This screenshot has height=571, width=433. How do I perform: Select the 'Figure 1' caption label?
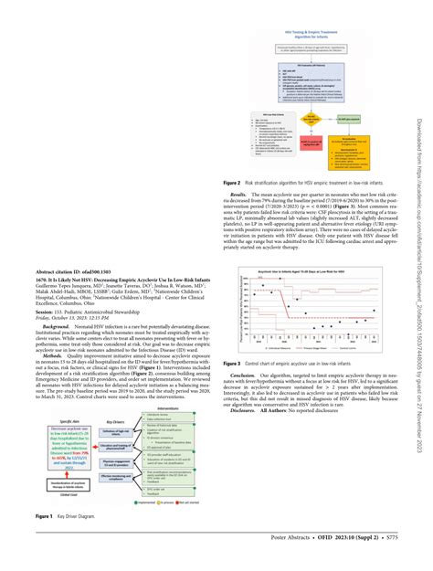(x=44, y=518)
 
